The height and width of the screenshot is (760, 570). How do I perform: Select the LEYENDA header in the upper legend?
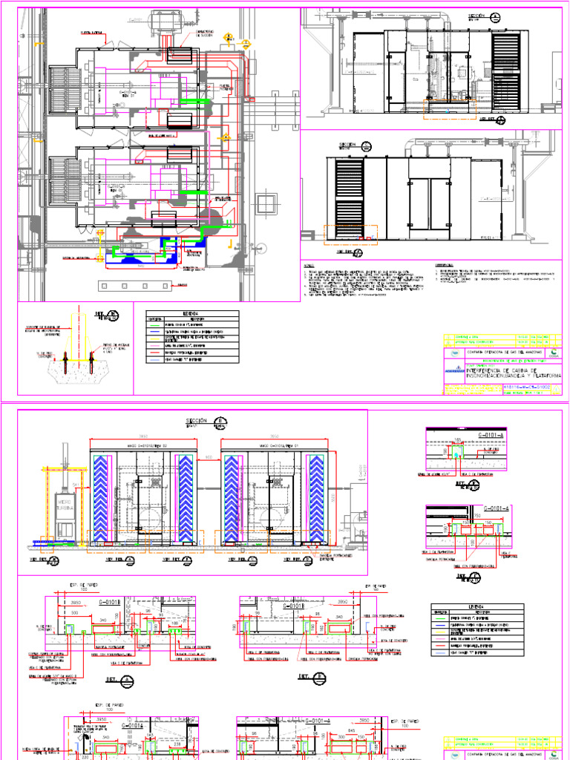191,314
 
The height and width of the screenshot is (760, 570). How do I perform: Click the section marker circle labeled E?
220,422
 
